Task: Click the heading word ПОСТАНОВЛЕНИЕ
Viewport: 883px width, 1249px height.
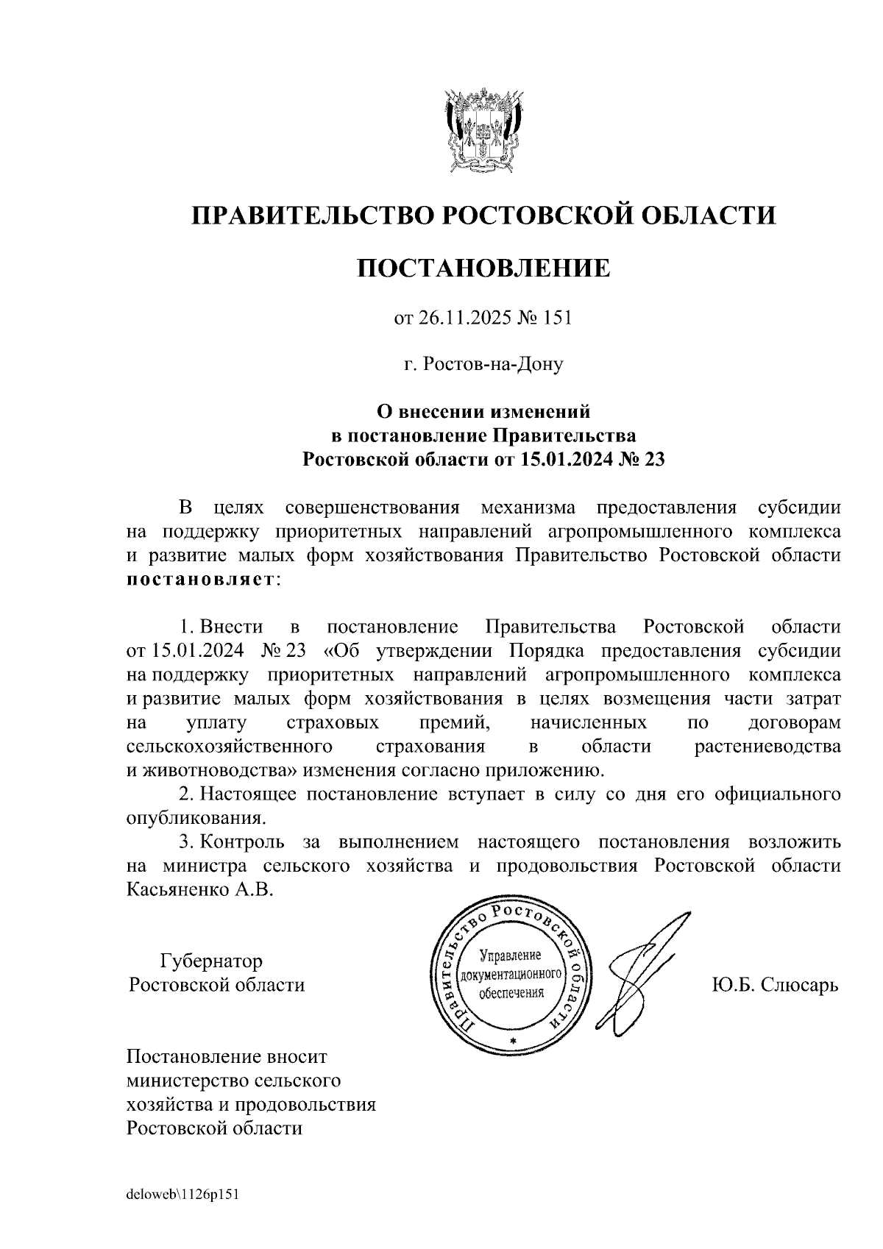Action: (483, 268)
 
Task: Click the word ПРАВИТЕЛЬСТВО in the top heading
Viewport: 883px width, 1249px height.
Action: (311, 216)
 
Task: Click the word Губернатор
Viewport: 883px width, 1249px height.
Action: (211, 961)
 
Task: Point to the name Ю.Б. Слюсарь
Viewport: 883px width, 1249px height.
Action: (774, 984)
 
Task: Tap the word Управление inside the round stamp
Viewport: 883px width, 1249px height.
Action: (510, 956)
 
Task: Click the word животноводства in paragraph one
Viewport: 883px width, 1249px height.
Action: (208, 770)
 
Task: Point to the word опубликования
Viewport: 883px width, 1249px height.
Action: (194, 818)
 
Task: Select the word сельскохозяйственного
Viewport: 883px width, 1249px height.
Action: (227, 747)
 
